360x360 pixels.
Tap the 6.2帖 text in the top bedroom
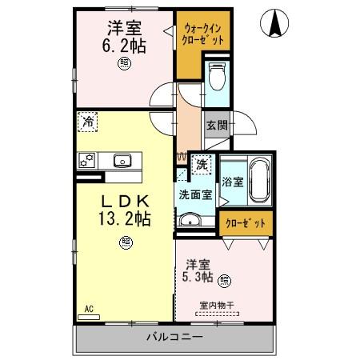click(x=125, y=46)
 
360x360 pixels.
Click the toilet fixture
click(x=216, y=78)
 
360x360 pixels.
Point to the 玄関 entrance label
click(x=216, y=126)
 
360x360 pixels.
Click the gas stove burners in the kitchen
click(x=86, y=160)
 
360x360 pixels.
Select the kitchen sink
click(x=122, y=160)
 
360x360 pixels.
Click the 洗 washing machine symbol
click(x=202, y=163)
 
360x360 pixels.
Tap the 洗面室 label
click(x=196, y=194)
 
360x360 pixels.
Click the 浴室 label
click(x=232, y=182)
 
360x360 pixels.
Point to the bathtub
click(x=259, y=182)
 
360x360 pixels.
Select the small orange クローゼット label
click(x=245, y=223)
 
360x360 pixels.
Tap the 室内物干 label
click(x=217, y=304)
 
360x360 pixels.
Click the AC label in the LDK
click(x=90, y=307)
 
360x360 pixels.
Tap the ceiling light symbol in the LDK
click(x=126, y=242)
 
